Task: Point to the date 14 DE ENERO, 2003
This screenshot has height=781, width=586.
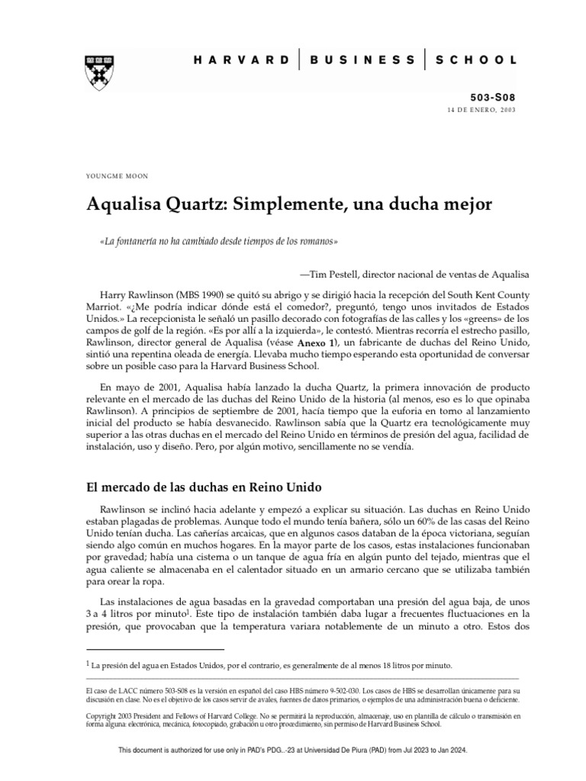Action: tap(482, 111)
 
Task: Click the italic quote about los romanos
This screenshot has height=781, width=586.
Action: tap(213, 242)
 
